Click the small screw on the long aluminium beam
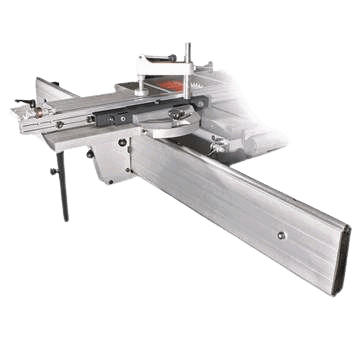pos(281,236)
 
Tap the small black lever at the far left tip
pos(14,110)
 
